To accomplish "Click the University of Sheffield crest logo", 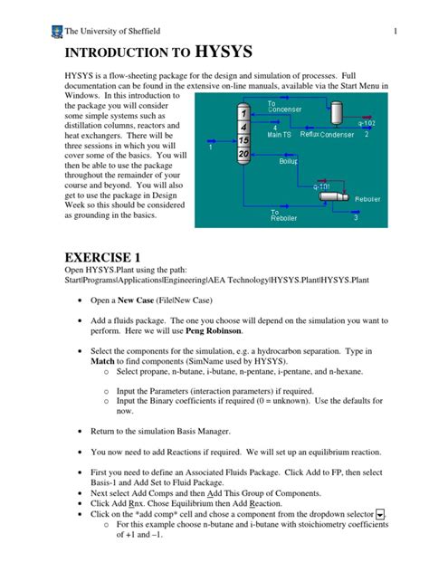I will (x=56, y=33).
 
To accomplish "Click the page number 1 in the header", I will (x=396, y=34).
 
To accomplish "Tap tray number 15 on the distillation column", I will (x=243, y=141).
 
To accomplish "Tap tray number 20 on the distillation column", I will (x=243, y=155).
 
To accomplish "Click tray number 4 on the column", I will (x=243, y=128).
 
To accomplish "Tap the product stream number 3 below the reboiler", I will (x=356, y=218).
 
